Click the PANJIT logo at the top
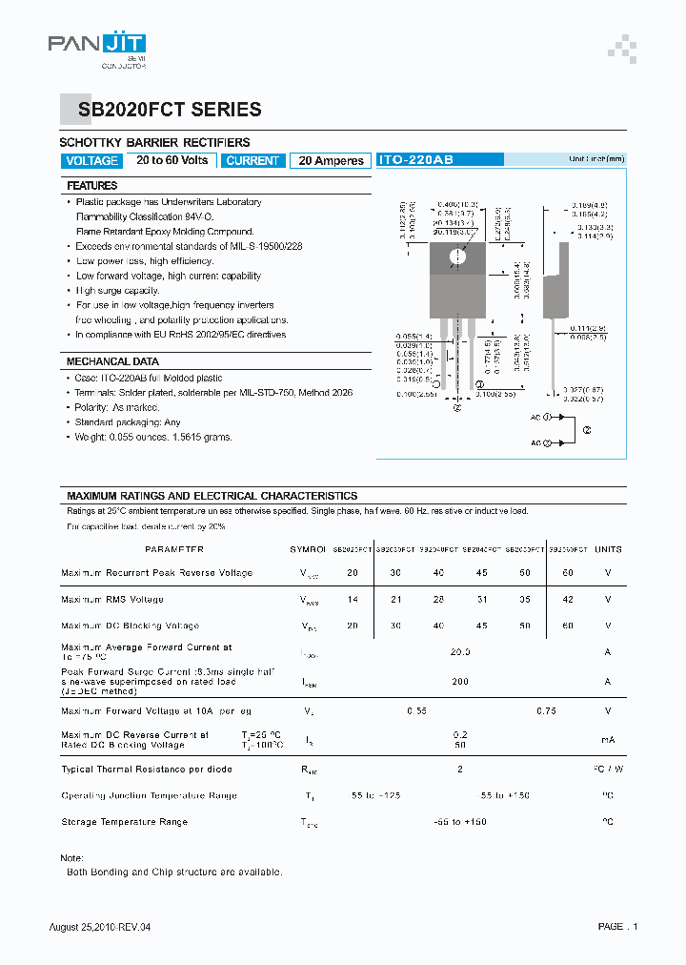point(97,46)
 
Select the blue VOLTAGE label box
point(92,161)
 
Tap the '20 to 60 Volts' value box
point(171,160)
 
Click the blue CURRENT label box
point(252,161)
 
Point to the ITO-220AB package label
point(415,161)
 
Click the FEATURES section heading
point(92,186)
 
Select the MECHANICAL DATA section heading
point(112,362)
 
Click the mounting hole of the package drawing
point(457,256)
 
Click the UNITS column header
point(608,549)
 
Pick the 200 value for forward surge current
point(460,682)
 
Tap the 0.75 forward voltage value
point(546,710)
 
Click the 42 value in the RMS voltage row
point(568,600)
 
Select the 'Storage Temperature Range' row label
point(124,821)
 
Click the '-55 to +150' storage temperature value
point(460,821)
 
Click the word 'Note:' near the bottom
point(71,858)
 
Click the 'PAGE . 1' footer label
point(617,927)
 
